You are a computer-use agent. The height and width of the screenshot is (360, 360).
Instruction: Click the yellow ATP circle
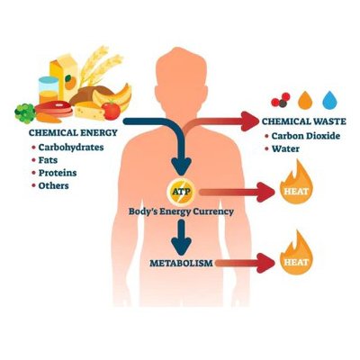(181, 192)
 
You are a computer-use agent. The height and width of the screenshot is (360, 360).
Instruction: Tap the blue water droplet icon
(329, 100)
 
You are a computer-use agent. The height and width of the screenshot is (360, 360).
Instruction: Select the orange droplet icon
(305, 100)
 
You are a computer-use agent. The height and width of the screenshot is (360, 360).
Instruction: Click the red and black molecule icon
(281, 100)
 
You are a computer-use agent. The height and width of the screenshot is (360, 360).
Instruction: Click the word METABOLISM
(181, 264)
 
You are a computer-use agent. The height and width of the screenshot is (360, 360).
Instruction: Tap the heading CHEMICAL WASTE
(304, 121)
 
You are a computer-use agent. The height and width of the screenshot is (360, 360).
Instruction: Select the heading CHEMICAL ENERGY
(73, 132)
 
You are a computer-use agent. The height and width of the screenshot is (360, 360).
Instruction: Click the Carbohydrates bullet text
(71, 148)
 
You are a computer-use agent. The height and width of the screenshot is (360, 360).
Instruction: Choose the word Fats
(48, 160)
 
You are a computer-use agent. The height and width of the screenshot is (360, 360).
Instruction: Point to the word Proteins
(58, 173)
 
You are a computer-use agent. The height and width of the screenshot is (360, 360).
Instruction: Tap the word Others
(54, 185)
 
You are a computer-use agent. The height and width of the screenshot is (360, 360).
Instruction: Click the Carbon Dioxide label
(306, 136)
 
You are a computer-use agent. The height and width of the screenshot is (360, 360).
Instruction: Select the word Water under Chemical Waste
(285, 148)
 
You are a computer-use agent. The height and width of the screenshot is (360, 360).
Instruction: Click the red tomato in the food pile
(111, 110)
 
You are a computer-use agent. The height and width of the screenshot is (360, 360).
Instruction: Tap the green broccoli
(25, 113)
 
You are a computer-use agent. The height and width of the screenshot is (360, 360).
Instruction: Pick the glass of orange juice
(49, 90)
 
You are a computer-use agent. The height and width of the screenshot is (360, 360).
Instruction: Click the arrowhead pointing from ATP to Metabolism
(181, 246)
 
